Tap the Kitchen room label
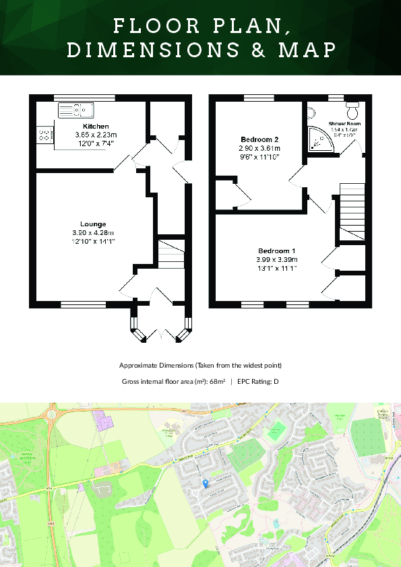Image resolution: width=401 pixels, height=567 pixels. click(95, 127)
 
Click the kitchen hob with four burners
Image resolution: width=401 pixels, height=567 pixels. click(44, 135)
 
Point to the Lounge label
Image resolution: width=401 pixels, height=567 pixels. click(93, 224)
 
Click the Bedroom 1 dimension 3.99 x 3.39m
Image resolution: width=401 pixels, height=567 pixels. click(276, 259)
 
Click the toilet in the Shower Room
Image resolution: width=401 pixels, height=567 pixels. click(352, 108)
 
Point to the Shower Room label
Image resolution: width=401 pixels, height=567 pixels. click(344, 124)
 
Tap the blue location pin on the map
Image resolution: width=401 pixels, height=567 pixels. click(206, 483)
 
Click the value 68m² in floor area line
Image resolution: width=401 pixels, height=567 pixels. click(216, 381)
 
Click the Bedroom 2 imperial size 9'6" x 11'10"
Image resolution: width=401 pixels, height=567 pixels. click(259, 156)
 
